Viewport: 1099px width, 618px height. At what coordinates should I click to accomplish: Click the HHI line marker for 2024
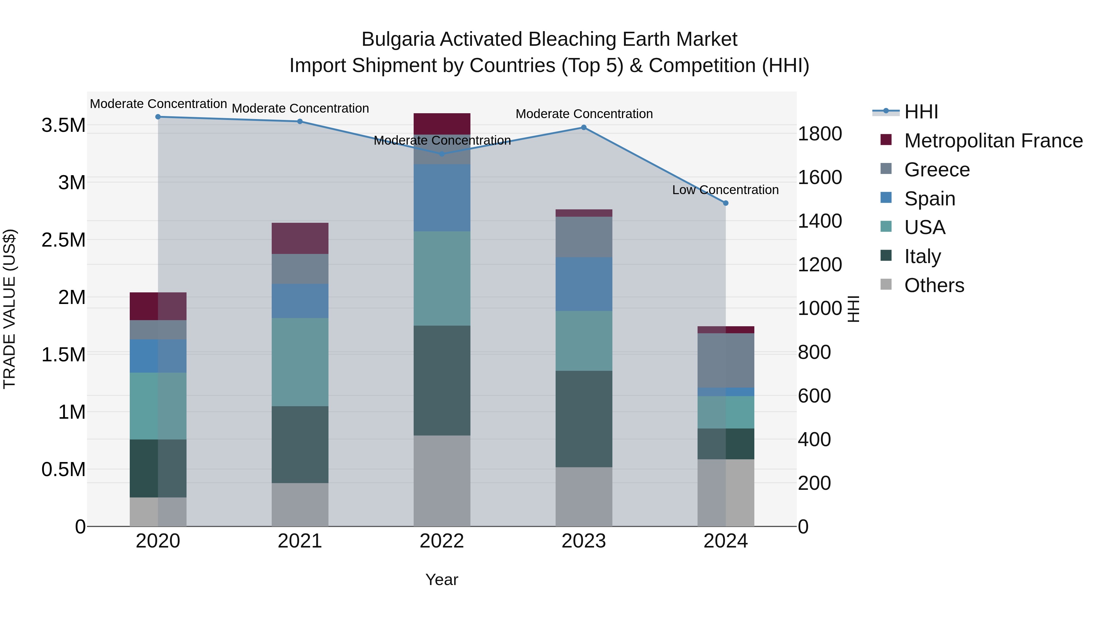(x=726, y=203)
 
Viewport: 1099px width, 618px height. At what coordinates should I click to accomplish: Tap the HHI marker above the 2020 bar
(x=158, y=117)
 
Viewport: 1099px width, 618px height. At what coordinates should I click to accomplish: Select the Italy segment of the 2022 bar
(x=442, y=381)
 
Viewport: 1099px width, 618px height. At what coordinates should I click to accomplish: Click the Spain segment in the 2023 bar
(x=584, y=284)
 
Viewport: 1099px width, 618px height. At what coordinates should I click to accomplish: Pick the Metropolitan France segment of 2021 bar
(x=300, y=238)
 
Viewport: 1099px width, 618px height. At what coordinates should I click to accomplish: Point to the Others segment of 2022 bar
(x=442, y=481)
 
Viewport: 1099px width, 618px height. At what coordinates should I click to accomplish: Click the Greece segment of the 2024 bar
(x=726, y=360)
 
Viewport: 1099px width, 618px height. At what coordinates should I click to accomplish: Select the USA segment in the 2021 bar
(x=300, y=362)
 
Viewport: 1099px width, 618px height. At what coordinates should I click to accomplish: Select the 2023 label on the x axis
(x=584, y=541)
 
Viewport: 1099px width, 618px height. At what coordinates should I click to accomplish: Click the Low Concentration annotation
(x=725, y=190)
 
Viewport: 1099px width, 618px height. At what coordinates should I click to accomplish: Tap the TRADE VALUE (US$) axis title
(x=9, y=309)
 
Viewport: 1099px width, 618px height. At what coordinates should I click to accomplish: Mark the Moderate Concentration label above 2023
(x=584, y=114)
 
